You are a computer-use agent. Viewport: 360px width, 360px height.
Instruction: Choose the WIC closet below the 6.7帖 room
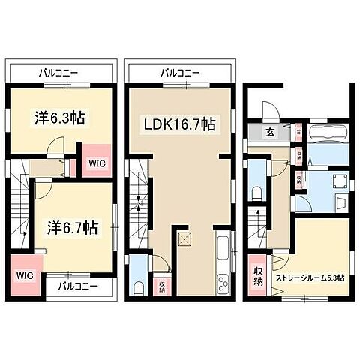point(23,274)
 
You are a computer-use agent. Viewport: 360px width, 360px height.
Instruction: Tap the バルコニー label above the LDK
point(179,73)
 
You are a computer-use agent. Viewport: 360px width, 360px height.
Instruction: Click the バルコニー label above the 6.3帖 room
point(59,73)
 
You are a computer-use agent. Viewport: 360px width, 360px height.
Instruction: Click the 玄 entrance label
point(270,133)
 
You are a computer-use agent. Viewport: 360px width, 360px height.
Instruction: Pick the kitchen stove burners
point(223,283)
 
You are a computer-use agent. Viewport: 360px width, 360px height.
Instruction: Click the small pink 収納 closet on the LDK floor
point(162,286)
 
